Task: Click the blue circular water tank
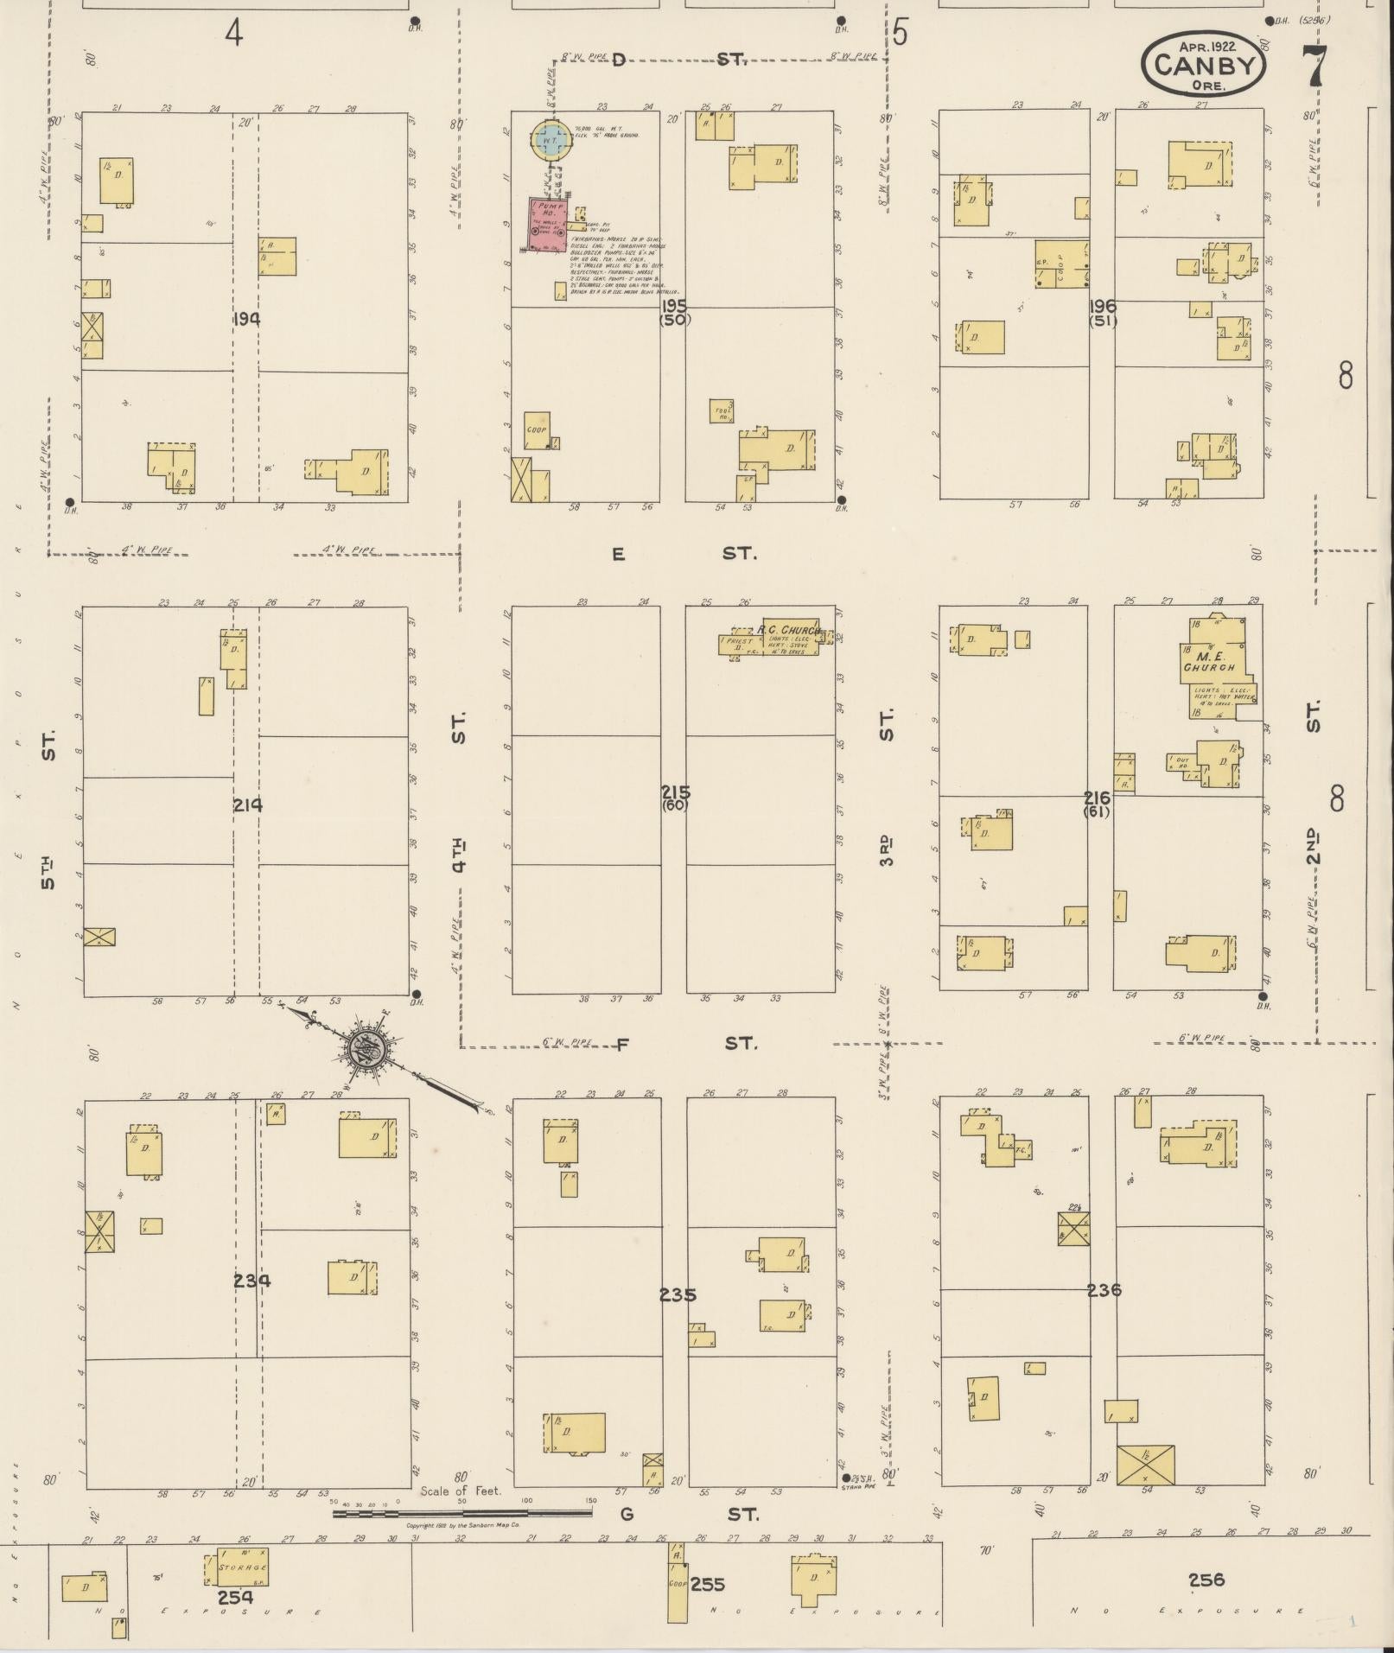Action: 550,138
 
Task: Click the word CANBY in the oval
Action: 1203,65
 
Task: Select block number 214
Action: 247,805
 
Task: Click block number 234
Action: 251,1281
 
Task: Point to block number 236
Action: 1104,1290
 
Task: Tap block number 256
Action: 1206,1580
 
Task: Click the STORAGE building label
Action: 242,1567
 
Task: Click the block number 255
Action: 707,1584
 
